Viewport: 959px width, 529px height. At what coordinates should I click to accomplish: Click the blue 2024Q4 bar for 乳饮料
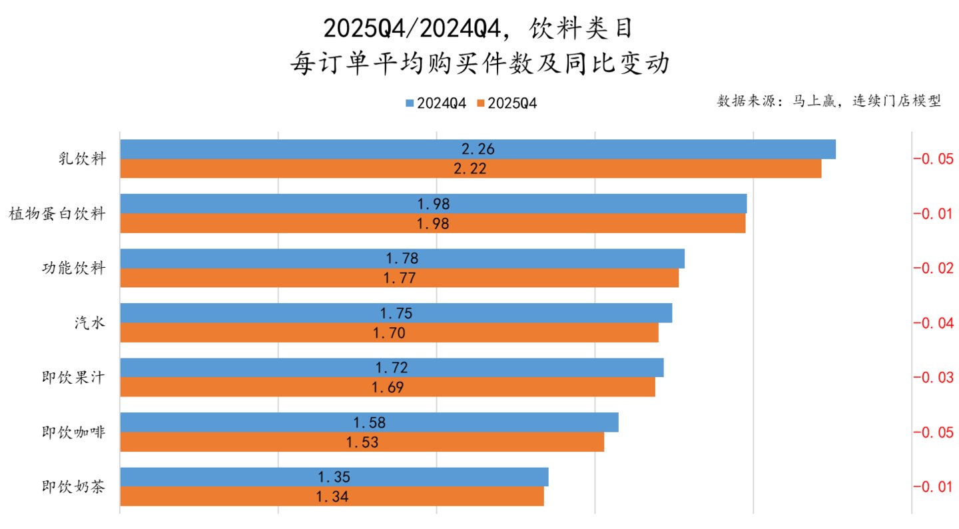pos(478,149)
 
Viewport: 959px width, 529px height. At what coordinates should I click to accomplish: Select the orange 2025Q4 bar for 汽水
pos(389,332)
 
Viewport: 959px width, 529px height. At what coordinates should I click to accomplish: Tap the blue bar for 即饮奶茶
pos(334,477)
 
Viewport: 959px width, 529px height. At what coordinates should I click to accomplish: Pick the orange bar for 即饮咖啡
pos(362,442)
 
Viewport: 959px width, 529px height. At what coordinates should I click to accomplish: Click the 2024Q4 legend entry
pos(436,103)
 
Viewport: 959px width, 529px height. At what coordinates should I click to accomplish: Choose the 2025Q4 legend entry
pos(507,103)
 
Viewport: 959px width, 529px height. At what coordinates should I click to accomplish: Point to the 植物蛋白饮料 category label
pos(57,213)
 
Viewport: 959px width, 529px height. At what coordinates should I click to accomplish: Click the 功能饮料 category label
pos(74,268)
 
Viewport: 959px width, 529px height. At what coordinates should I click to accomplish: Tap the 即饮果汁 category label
pos(74,377)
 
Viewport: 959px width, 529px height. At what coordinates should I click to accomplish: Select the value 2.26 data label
pos(478,149)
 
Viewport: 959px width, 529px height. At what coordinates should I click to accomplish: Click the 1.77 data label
pos(400,278)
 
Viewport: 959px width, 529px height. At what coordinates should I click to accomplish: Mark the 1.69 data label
pos(388,387)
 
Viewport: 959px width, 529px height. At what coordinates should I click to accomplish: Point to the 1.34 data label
pos(332,496)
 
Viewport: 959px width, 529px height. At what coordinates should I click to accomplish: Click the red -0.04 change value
pos(933,322)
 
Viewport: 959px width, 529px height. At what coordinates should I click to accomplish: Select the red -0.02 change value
pos(933,268)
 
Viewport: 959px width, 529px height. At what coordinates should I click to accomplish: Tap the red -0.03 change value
pos(933,377)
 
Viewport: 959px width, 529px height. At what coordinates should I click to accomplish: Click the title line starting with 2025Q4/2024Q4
pos(479,29)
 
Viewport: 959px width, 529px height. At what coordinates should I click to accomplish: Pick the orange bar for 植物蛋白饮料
pos(433,223)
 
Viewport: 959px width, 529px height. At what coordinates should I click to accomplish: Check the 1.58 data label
pos(369,423)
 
